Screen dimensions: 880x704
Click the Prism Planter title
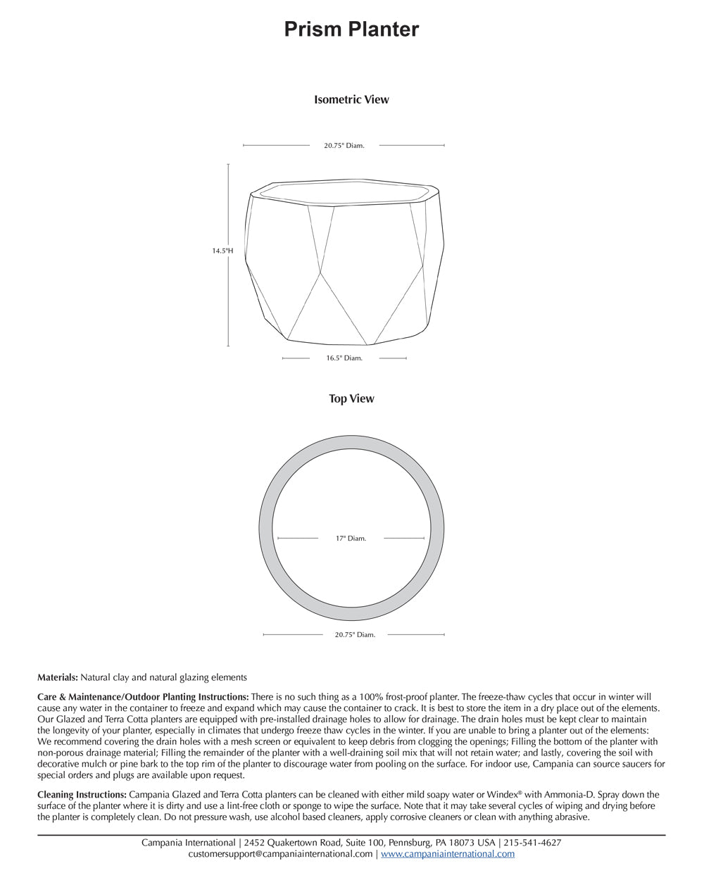pos(351,30)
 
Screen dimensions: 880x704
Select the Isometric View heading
pos(351,100)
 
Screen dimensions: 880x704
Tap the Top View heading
pos(351,399)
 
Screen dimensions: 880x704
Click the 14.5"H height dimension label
pos(222,251)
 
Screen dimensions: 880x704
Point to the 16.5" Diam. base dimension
pos(344,358)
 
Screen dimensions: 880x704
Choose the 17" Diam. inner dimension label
pos(351,539)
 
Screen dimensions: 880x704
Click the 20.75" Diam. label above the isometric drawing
pos(344,146)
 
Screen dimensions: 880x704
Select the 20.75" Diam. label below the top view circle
pos(355,635)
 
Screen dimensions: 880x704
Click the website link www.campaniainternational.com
pos(448,854)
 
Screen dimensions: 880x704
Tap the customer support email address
pos(280,854)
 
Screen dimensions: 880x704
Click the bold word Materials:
pos(58,677)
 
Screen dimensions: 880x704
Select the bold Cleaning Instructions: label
pos(82,795)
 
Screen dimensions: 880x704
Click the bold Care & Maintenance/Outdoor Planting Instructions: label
pos(143,697)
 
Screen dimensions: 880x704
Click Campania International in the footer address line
pos(188,843)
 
